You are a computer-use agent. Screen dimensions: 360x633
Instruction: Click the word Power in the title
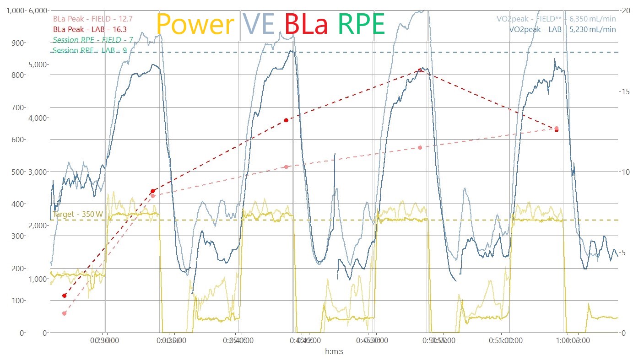coord(195,24)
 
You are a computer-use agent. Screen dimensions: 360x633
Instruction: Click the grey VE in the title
coord(259,24)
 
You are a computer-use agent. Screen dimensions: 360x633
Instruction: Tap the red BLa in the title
coord(306,24)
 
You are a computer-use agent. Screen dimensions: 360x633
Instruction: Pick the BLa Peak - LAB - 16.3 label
coord(83,29)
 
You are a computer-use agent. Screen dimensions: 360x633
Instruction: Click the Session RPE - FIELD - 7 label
coord(93,40)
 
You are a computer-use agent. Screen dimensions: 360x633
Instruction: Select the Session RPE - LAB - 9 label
coord(90,50)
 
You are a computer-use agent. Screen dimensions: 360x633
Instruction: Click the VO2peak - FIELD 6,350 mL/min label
coord(556,19)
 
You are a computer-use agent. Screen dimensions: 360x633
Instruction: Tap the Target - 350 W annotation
coord(77,214)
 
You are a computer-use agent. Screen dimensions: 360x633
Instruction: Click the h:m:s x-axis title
coord(334,351)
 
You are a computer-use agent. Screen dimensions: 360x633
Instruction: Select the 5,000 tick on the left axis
coord(38,64)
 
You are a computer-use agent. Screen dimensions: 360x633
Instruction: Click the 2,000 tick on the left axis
coord(38,226)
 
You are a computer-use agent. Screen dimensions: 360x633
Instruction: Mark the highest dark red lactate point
coord(420,70)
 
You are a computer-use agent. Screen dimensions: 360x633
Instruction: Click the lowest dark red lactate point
coord(64,296)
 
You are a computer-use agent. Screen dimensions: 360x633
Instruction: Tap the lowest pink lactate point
coord(64,313)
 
